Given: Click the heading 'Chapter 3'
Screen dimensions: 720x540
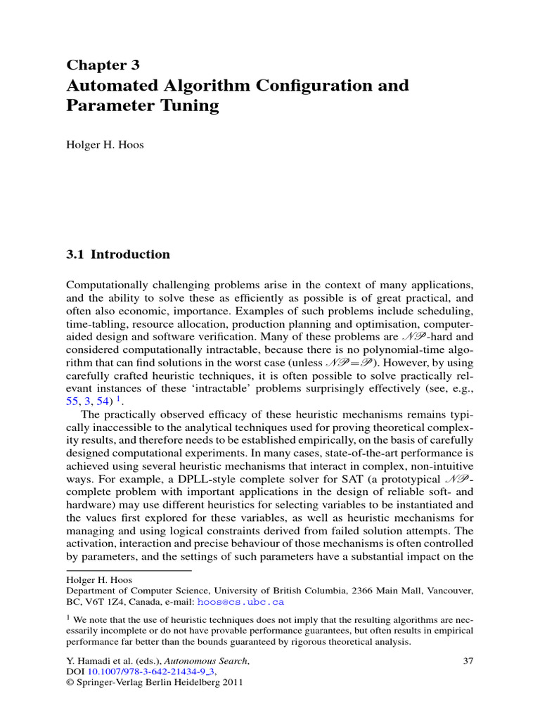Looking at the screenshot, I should point(103,65).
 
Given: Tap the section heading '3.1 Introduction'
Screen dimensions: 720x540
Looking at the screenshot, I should point(118,255).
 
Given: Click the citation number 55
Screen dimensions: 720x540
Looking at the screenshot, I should point(72,399).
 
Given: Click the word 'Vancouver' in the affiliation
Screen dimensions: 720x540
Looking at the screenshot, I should point(449,591).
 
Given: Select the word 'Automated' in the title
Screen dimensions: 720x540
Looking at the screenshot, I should point(108,86).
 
